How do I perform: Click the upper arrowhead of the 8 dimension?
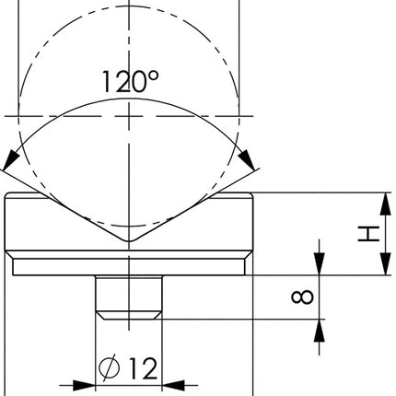(320, 267)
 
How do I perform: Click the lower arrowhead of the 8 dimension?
(320, 325)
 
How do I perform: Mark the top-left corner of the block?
(6, 194)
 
